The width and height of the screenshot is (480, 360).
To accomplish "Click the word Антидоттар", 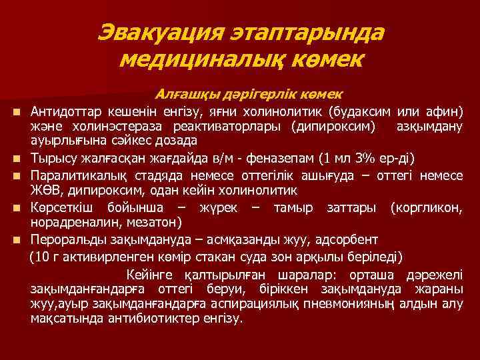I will [x=62, y=110].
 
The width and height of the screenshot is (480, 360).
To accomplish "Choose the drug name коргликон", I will [x=427, y=207].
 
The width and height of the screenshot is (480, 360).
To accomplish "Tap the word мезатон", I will [x=151, y=222].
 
